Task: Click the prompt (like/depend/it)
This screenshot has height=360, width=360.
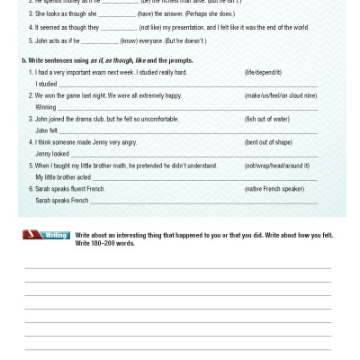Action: click(263, 72)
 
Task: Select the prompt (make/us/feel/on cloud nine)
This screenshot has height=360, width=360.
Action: click(281, 95)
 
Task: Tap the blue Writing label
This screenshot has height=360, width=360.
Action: click(56, 235)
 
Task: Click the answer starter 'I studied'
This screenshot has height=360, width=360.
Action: click(46, 84)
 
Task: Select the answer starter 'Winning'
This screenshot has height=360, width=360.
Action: click(45, 107)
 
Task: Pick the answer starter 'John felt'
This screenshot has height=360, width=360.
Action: click(47, 130)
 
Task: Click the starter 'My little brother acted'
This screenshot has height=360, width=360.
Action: click(63, 177)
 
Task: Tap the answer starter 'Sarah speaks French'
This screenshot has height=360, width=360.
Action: click(62, 201)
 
